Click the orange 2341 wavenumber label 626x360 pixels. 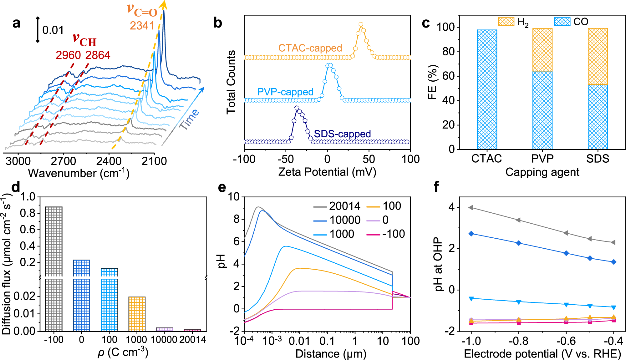(142, 26)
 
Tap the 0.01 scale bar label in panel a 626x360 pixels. (53, 30)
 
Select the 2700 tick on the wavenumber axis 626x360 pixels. (63, 161)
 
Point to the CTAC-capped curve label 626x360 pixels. (310, 48)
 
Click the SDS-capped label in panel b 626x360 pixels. (342, 134)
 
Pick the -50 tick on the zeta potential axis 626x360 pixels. (286, 159)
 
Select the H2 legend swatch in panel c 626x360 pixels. (506, 22)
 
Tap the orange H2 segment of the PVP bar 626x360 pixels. (542, 50)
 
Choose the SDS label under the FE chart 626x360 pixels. (598, 159)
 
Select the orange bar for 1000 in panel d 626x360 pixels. (137, 314)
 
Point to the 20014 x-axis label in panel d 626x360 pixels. (192, 340)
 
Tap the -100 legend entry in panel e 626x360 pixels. (393, 234)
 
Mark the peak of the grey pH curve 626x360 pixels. (258, 207)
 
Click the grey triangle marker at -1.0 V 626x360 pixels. (471, 208)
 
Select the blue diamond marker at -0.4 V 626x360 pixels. (613, 262)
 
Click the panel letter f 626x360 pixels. (436, 187)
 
